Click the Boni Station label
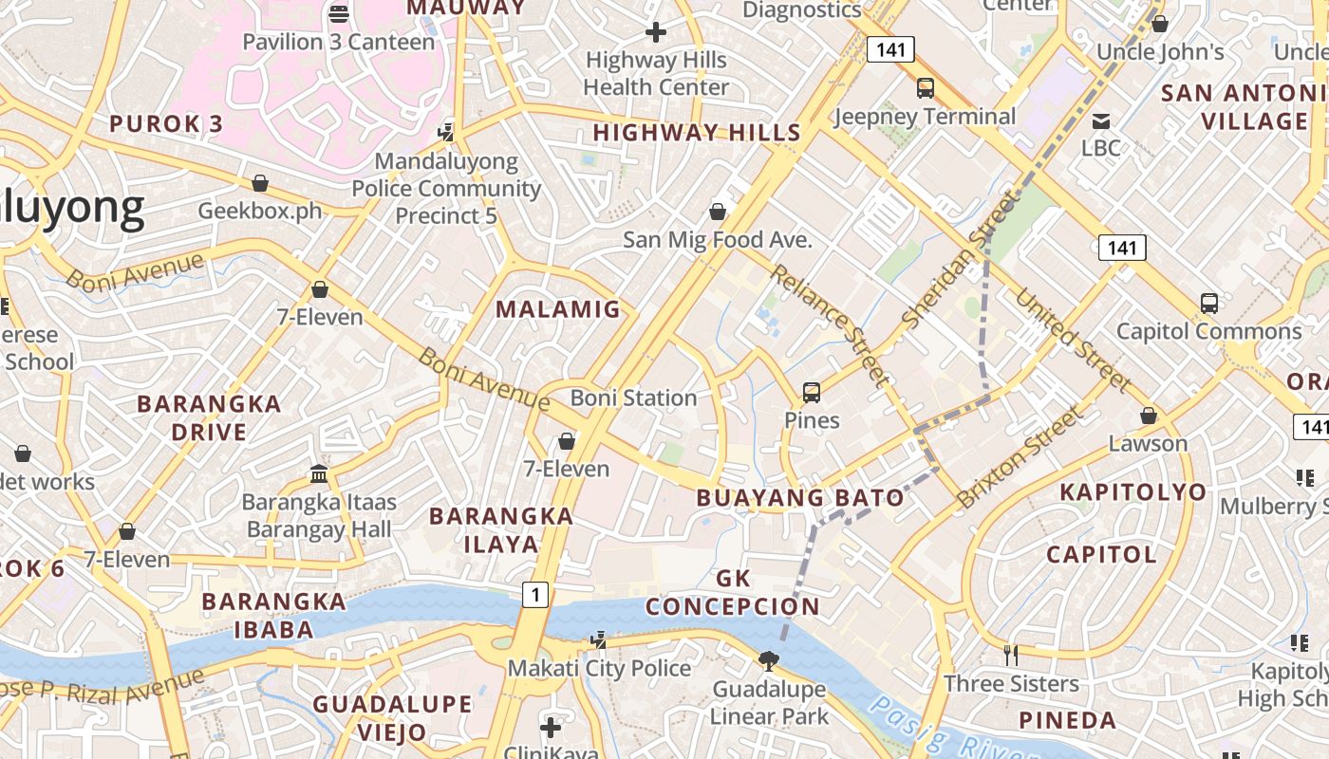pyautogui.click(x=633, y=398)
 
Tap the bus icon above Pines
pyautogui.click(x=812, y=392)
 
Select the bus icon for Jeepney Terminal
pyautogui.click(x=925, y=88)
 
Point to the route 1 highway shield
pyautogui.click(x=535, y=595)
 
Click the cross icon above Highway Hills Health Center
pyautogui.click(x=656, y=32)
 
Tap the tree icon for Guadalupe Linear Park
pyautogui.click(x=769, y=659)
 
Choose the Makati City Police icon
pyautogui.click(x=598, y=640)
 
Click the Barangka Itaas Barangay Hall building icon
pyautogui.click(x=319, y=473)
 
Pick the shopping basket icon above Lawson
pyautogui.click(x=1149, y=416)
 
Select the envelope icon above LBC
pyautogui.click(x=1101, y=120)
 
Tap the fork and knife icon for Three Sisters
pyautogui.click(x=1011, y=655)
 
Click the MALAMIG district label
pyautogui.click(x=558, y=309)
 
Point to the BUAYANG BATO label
pyautogui.click(x=800, y=497)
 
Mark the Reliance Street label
pyautogui.click(x=830, y=325)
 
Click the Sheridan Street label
pyautogui.click(x=960, y=260)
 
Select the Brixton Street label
pyautogui.click(x=1020, y=457)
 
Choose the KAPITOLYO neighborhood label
pyautogui.click(x=1132, y=491)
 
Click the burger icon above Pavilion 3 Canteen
pyautogui.click(x=339, y=13)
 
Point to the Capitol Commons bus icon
pyautogui.click(x=1208, y=304)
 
